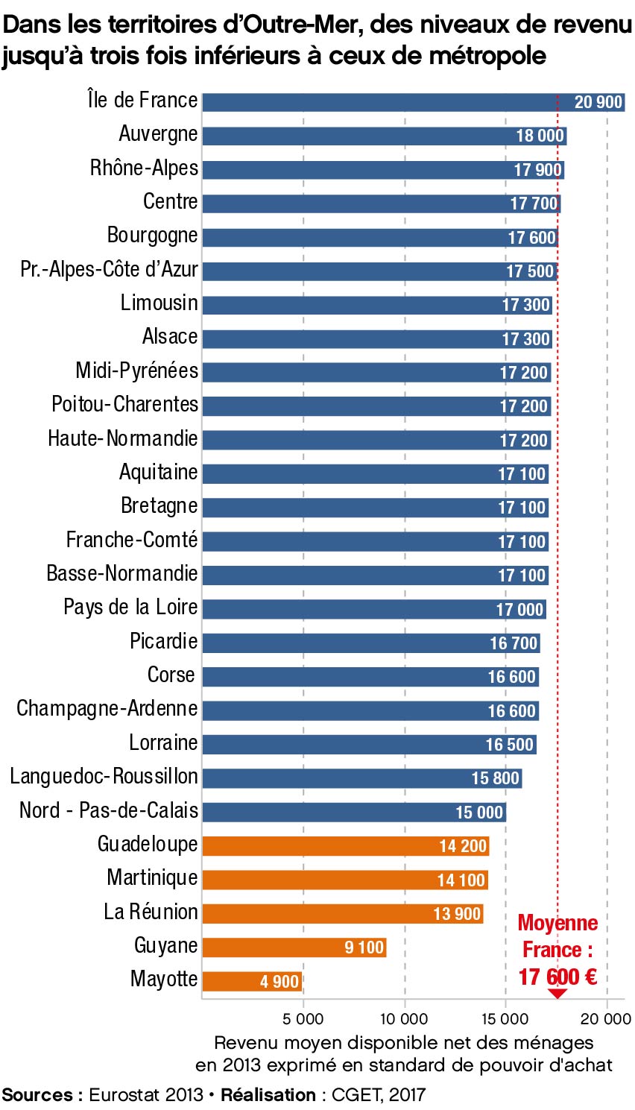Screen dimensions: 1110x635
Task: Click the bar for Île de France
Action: pos(388,102)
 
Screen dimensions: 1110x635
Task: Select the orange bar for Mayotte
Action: pos(238,981)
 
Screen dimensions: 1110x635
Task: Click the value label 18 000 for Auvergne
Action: pos(540,136)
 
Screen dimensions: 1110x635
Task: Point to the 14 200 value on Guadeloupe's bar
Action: pos(463,846)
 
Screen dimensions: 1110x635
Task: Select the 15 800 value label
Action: pos(495,778)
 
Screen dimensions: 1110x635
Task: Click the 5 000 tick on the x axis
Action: pos(303,1018)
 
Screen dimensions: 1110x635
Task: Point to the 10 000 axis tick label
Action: pos(404,1018)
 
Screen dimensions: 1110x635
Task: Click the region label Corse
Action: pos(171,675)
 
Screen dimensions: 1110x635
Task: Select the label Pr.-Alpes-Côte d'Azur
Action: pos(109,270)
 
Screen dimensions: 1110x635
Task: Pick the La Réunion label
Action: pos(151,912)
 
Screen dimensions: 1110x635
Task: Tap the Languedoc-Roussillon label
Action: pos(104,777)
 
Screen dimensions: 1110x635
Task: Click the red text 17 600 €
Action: pos(557,977)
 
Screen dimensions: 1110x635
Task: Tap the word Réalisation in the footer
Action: pos(268,1095)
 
